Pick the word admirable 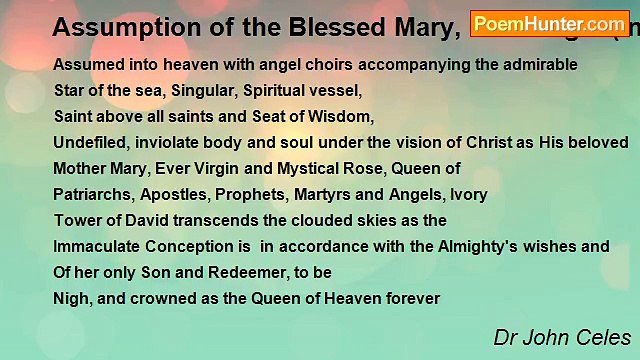click(539, 64)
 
